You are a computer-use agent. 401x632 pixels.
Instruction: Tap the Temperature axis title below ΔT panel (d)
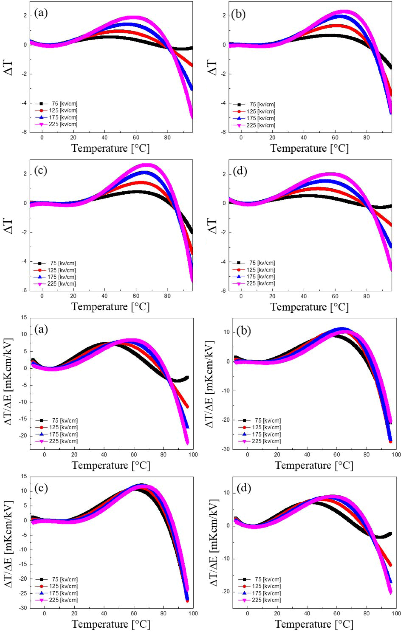click(x=310, y=307)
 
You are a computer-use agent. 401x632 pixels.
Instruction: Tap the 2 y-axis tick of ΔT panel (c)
click(x=25, y=174)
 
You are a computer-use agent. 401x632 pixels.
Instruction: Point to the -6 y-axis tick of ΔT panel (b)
click(x=224, y=132)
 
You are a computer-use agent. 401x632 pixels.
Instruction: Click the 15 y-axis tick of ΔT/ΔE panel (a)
click(x=24, y=317)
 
